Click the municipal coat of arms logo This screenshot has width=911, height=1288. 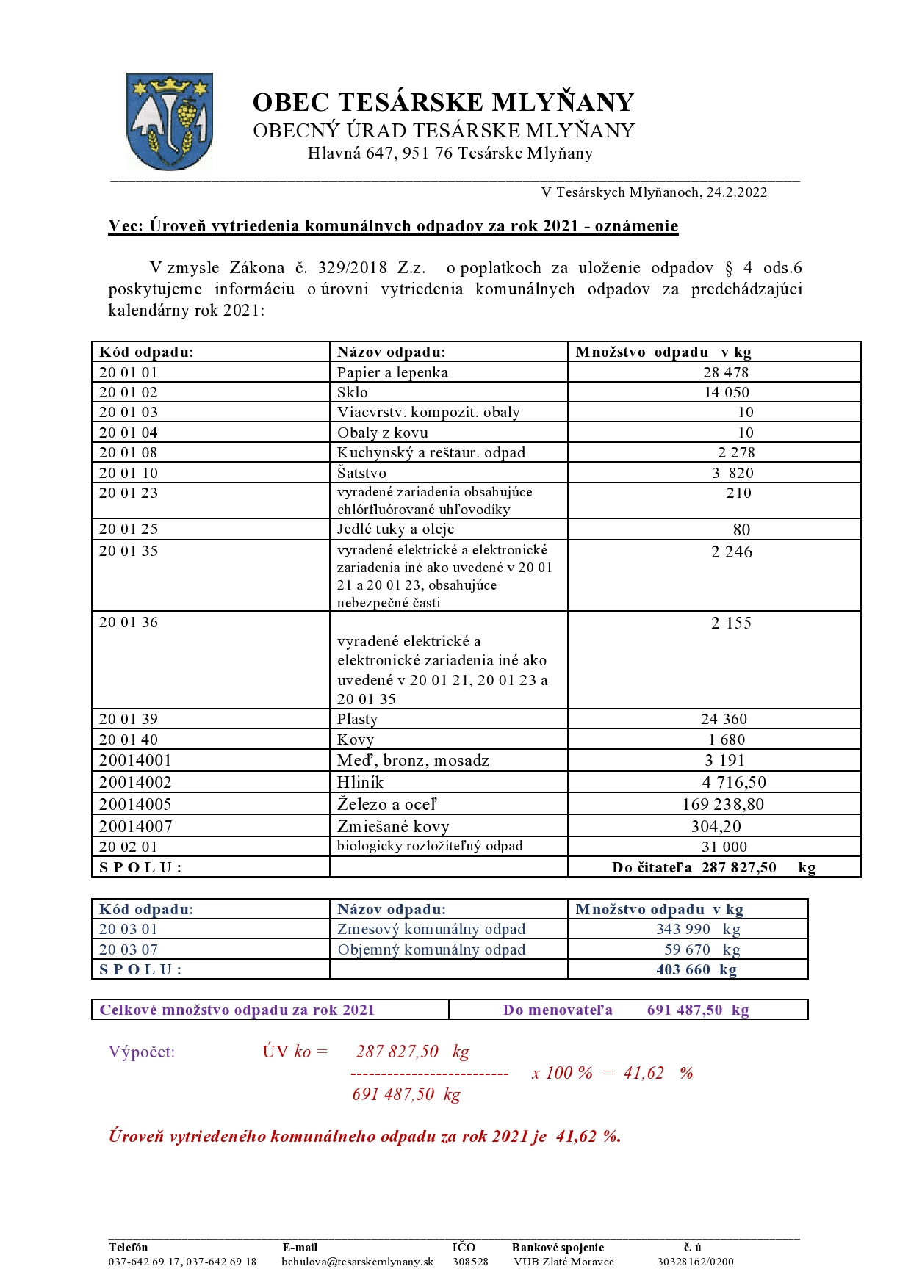click(x=170, y=121)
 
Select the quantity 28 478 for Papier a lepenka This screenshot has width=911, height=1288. click(x=725, y=372)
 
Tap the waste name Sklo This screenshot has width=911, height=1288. click(x=353, y=392)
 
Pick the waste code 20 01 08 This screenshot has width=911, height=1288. click(x=129, y=452)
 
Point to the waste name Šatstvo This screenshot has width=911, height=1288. click(x=361, y=473)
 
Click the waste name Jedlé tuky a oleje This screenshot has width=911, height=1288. click(x=395, y=529)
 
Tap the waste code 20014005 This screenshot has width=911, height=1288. click(x=135, y=804)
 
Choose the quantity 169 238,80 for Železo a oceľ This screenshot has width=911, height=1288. click(x=723, y=804)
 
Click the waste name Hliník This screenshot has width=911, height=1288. click(x=360, y=782)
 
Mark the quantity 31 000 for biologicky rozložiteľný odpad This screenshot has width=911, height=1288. click(x=724, y=847)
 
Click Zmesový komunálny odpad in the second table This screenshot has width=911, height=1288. click(x=431, y=929)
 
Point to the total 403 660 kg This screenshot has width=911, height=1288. click(x=696, y=969)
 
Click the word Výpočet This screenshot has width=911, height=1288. click(x=142, y=1052)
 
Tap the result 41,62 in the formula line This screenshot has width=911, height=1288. click(x=643, y=1073)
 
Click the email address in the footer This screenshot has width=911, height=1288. click(x=358, y=1262)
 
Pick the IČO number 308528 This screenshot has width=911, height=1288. click(x=470, y=1262)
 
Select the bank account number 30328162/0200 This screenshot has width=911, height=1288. click(x=695, y=1262)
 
